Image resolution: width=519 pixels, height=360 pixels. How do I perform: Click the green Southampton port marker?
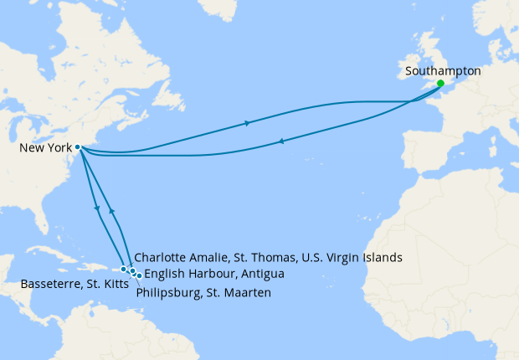tap(440, 84)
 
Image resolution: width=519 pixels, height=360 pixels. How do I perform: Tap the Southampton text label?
tap(443, 71)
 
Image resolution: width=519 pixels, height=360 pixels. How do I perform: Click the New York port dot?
tap(77, 147)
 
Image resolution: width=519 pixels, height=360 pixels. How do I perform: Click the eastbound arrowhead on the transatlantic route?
tap(247, 124)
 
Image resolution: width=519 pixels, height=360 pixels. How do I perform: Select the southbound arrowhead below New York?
tap(99, 209)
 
